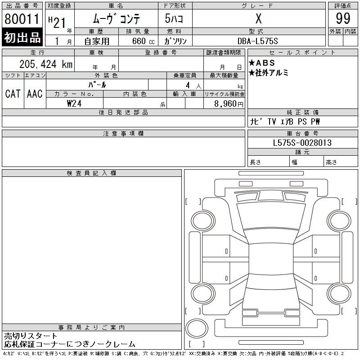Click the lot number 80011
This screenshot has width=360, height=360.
tap(22, 19)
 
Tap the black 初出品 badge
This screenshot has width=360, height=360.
tap(22, 37)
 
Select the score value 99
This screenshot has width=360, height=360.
tap(343, 18)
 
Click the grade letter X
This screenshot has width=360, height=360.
tap(258, 18)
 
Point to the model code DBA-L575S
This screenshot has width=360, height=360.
tap(257, 41)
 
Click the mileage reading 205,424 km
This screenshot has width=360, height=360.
tap(46, 64)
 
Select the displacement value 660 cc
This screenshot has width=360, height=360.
tap(143, 41)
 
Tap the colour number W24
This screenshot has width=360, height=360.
tap(74, 103)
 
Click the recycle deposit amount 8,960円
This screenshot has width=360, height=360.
tap(229, 104)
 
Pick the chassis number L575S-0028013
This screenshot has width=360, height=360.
tap(302, 143)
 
